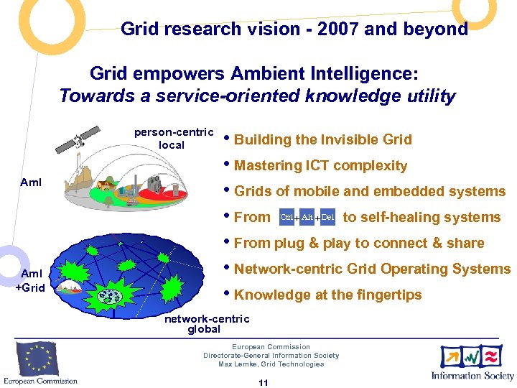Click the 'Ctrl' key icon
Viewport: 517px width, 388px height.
coord(287,217)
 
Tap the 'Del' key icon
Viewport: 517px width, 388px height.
coord(327,217)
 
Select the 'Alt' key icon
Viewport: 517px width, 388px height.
coord(307,217)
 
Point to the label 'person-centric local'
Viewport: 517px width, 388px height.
coord(173,139)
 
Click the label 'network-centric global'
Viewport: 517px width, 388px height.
coord(207,324)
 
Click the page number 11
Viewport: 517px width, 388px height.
coord(263,383)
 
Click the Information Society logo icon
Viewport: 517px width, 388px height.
coord(472,356)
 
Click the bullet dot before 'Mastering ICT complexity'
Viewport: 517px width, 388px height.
coord(227,165)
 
